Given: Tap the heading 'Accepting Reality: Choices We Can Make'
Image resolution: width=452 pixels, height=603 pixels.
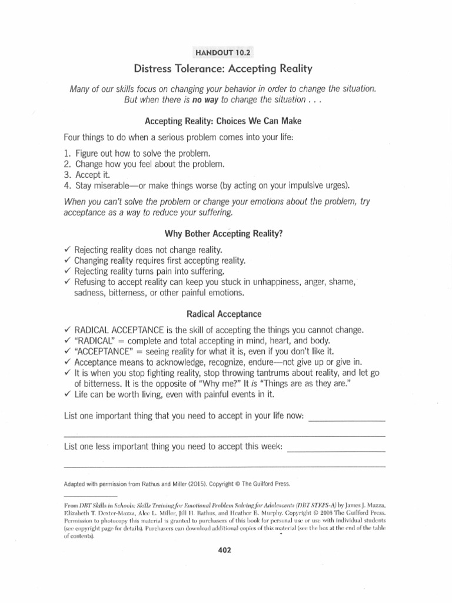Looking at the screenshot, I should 226,122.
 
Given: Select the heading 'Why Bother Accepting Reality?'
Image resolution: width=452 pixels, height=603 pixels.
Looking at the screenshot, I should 226,233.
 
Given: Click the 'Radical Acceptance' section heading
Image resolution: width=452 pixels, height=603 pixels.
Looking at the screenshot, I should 226,314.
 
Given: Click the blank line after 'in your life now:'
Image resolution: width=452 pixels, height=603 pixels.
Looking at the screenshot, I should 347,420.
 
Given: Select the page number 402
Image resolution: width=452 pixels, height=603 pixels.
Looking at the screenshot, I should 225,550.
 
